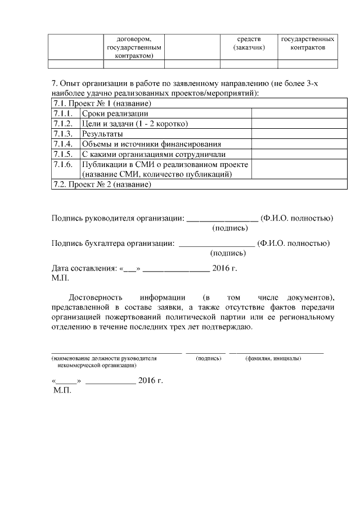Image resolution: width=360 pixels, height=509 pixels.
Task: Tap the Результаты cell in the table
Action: point(102,134)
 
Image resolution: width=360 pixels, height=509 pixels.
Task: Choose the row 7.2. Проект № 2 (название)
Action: point(102,184)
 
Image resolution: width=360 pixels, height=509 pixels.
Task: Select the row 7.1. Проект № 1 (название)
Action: point(102,103)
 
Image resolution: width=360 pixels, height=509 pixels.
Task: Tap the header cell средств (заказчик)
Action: point(249,44)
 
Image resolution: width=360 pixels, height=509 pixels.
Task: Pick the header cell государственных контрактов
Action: point(308,44)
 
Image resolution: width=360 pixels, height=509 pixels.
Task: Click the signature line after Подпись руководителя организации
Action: point(222,218)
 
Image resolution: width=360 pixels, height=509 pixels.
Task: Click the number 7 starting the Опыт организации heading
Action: point(53,84)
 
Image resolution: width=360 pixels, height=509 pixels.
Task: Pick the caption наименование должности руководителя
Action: point(104,358)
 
